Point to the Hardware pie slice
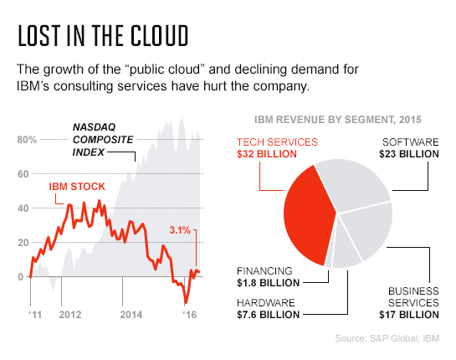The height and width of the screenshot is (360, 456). [347, 255]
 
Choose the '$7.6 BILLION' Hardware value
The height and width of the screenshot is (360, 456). [267, 314]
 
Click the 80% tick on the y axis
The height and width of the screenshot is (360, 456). [26, 139]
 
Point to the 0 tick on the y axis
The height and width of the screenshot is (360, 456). [22, 276]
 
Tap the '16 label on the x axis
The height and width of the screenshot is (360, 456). [191, 315]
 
